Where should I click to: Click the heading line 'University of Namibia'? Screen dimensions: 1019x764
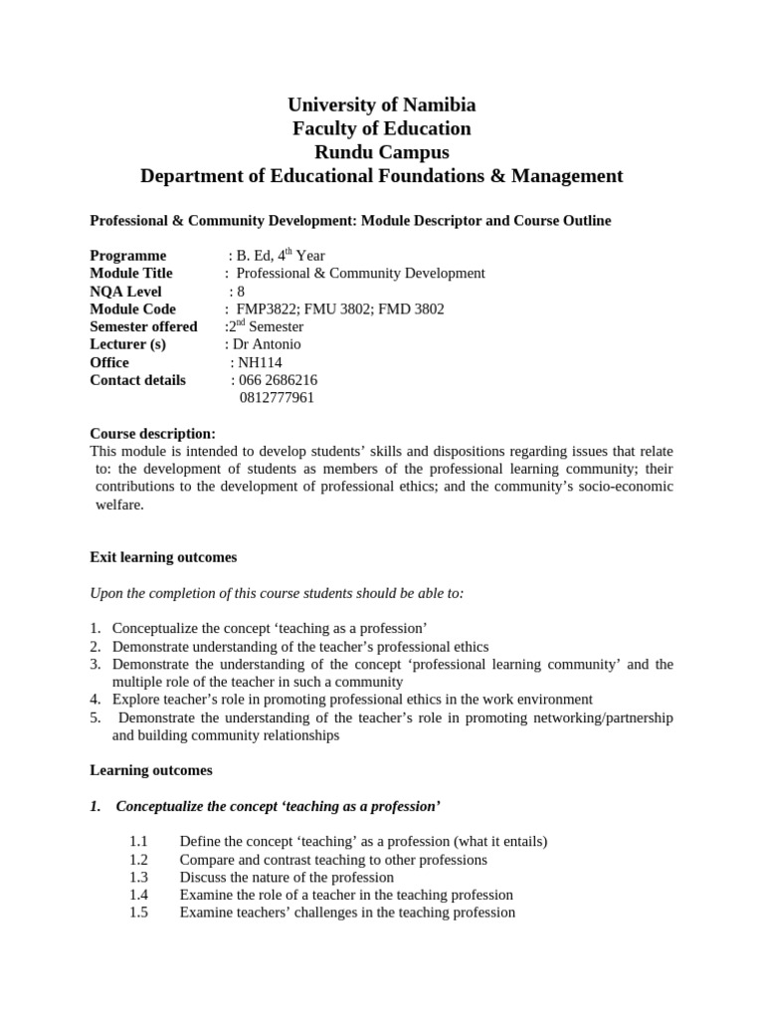pyautogui.click(x=381, y=104)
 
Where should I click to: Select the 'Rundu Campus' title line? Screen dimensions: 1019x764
pyautogui.click(x=381, y=152)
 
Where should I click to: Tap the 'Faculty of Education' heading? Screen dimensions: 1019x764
pyautogui.click(x=381, y=128)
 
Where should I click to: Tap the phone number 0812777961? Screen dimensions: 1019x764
pyautogui.click(x=278, y=398)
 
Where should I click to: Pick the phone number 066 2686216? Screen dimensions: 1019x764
pyautogui.click(x=278, y=380)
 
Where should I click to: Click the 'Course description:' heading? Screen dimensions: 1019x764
pyautogui.click(x=152, y=434)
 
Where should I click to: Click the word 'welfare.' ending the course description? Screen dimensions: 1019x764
pyautogui.click(x=119, y=505)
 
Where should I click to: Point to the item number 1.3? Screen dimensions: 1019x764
pyautogui.click(x=138, y=878)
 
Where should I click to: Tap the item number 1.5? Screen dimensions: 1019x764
pyautogui.click(x=138, y=913)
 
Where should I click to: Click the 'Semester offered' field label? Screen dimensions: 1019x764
pyautogui.click(x=143, y=326)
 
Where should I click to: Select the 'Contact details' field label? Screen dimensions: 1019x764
pyautogui.click(x=137, y=380)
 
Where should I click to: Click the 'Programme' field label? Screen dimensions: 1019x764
pyautogui.click(x=128, y=256)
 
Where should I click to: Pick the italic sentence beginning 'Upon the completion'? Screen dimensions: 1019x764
pyautogui.click(x=277, y=593)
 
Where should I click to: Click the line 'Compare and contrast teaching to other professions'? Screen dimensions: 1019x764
pyautogui.click(x=333, y=860)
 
